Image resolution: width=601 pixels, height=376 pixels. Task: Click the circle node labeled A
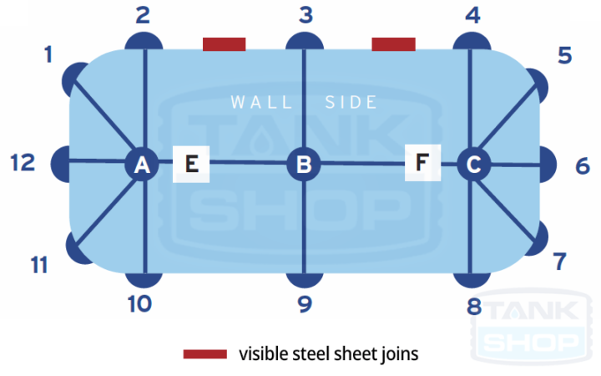[x=142, y=165]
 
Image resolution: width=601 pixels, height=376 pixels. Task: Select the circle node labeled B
[x=304, y=164]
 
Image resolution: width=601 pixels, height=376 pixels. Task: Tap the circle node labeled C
[x=473, y=164]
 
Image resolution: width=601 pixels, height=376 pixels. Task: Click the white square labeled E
[x=191, y=163]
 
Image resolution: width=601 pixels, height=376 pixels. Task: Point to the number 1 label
[x=48, y=55]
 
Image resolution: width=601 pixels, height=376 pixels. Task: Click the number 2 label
[x=143, y=14]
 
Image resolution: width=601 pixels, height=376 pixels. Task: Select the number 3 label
[x=305, y=14]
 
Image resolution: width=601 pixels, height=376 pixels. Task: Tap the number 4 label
[x=473, y=14]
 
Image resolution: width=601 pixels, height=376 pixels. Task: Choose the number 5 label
[x=564, y=56]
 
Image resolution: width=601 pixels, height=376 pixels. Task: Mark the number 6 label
[x=583, y=165]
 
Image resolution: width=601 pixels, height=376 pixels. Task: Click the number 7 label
[x=561, y=262]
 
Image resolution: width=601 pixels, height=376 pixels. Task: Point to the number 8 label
[x=474, y=307]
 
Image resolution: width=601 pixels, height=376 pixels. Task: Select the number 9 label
[x=305, y=303]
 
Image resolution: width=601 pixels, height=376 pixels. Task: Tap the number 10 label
[x=139, y=303]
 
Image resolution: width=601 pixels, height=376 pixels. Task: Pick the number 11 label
[x=38, y=265]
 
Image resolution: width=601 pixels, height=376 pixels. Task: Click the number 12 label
[x=23, y=162]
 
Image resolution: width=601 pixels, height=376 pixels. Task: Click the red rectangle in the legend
[x=205, y=354]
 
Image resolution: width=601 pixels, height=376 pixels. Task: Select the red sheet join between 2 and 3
[x=224, y=43]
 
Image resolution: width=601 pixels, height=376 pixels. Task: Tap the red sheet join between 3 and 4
[x=393, y=43]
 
